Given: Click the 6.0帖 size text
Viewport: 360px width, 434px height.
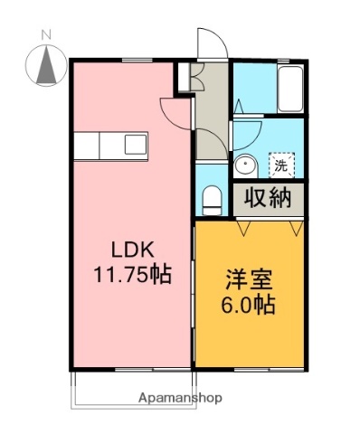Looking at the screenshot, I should [246, 304].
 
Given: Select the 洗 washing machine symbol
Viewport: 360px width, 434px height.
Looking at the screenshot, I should [281, 165].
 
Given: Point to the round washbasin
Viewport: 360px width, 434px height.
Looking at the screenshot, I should [245, 165].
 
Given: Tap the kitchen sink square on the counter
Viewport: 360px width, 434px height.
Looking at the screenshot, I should [135, 144].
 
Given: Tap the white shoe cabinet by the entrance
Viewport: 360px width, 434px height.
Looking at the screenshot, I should [185, 76].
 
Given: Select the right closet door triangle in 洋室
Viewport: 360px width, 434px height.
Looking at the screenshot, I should [296, 229].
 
